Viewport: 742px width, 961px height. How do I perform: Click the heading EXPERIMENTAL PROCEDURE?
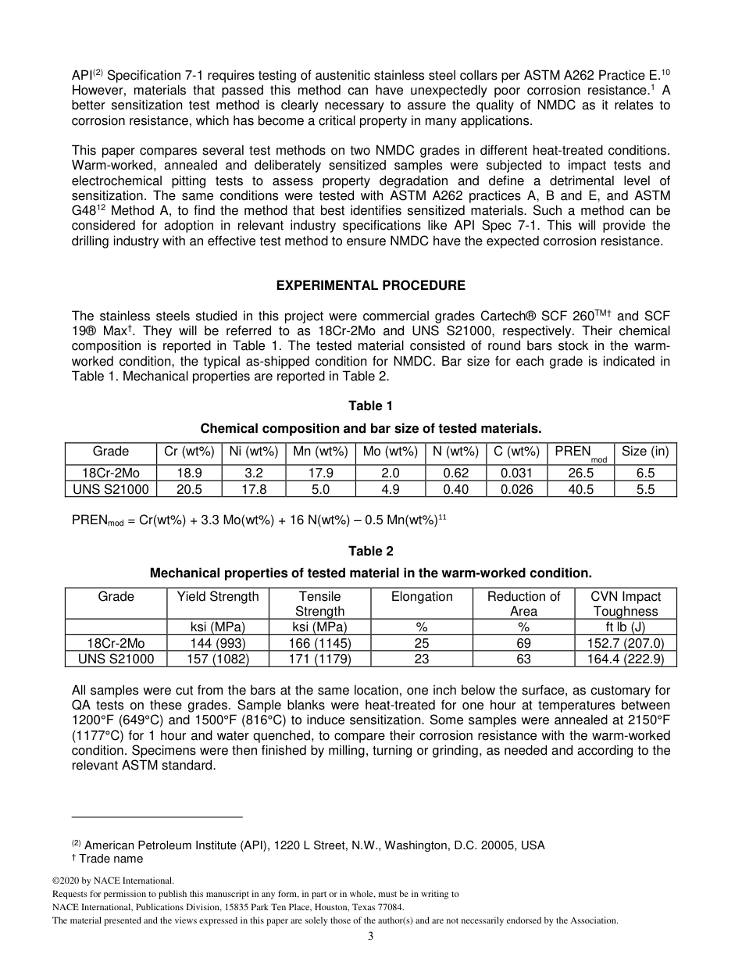pos(370,285)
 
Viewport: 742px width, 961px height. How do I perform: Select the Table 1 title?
pos(370,405)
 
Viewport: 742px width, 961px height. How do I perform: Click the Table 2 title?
pos(370,551)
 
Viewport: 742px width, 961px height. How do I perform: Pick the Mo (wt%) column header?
pos(391,452)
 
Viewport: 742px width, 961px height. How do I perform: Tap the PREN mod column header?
pos(580,453)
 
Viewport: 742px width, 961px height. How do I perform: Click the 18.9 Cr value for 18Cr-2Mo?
pos(189,473)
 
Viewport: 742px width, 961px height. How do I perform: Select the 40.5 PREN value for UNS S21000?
pos(580,489)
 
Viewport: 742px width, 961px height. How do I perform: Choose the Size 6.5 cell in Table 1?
pos(645,473)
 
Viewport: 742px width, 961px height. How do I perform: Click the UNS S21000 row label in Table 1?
pos(111,489)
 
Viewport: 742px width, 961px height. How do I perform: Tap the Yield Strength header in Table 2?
pos(218,597)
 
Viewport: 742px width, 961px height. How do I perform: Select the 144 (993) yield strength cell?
pos(218,643)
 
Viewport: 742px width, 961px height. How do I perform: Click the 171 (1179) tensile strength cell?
pos(319,659)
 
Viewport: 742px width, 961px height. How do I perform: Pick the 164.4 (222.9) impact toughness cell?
pos(625,659)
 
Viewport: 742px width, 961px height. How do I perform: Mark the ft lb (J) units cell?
pos(625,627)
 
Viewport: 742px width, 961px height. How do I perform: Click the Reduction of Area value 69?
pos(523,643)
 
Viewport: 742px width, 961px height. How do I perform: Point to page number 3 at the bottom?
pos(370,937)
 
